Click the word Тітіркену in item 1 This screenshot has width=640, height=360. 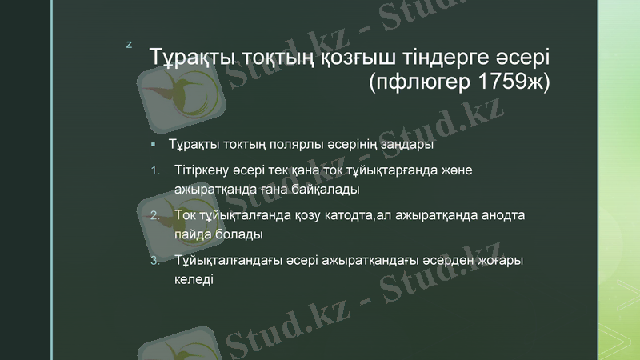[202, 170]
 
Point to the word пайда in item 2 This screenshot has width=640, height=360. [190, 235]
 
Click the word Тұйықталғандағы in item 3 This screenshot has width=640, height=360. [229, 261]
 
